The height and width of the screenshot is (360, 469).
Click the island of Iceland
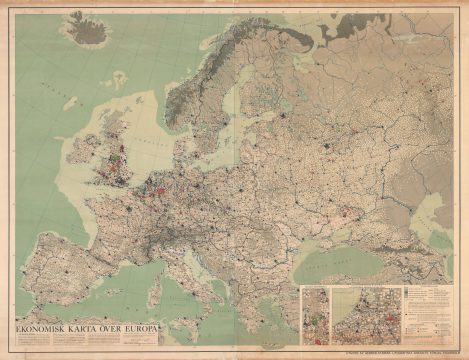pyautogui.click(x=92, y=33)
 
